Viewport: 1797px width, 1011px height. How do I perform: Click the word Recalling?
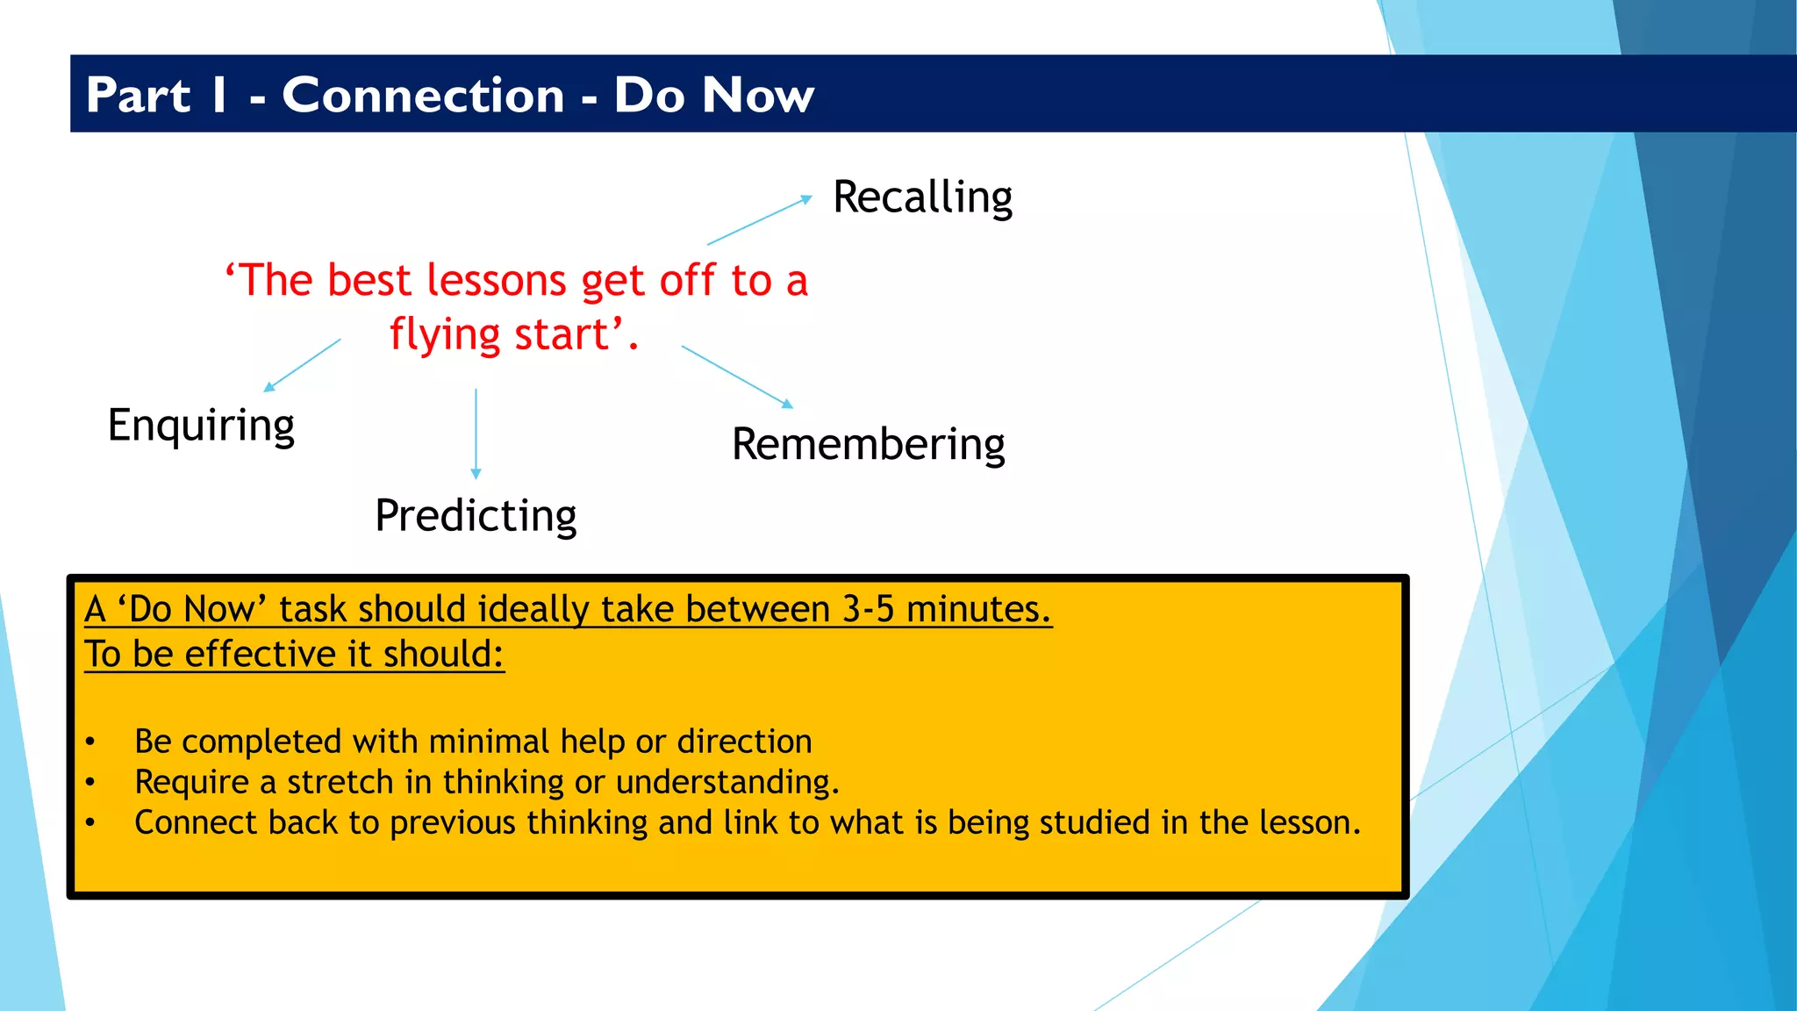[922, 197]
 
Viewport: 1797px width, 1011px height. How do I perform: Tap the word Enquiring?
[201, 426]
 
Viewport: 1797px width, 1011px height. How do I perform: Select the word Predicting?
[476, 516]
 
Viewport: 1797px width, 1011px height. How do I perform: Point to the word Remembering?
[868, 445]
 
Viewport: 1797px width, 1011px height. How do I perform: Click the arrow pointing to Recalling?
[759, 220]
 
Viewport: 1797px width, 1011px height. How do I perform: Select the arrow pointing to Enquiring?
[303, 365]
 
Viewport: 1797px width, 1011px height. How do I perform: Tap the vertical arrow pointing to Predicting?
[476, 434]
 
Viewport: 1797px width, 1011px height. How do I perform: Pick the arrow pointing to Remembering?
[737, 376]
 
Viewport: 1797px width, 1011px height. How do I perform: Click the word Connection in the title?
[423, 95]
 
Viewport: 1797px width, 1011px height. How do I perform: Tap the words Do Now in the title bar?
[713, 95]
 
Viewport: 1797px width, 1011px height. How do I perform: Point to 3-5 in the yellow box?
[868, 609]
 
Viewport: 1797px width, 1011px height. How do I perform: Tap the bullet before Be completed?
[90, 742]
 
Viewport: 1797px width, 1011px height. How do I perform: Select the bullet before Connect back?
[90, 823]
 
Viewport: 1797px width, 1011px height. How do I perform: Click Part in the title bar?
[138, 95]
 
